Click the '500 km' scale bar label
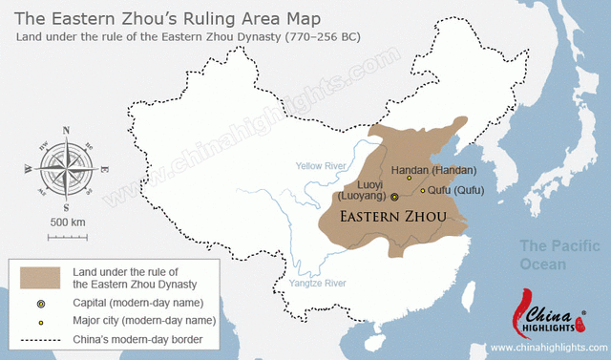(67, 222)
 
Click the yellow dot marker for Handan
(410, 177)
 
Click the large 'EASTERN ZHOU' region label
(393, 217)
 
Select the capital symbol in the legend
(40, 303)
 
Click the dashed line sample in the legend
(40, 340)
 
